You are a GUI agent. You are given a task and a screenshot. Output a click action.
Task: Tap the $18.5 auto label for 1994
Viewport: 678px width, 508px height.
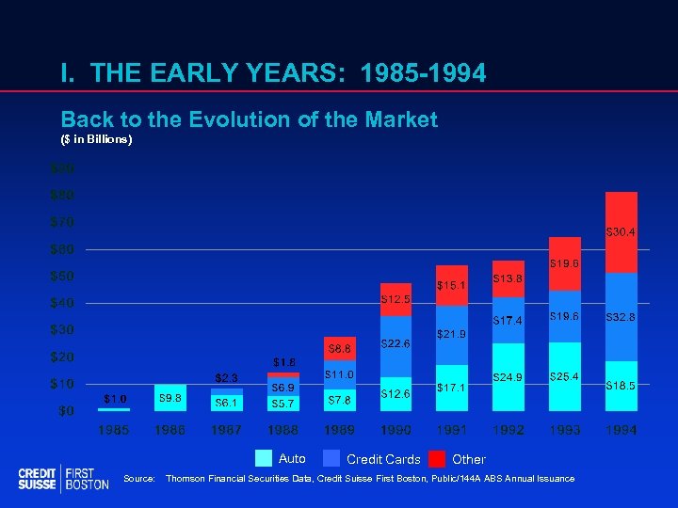(621, 386)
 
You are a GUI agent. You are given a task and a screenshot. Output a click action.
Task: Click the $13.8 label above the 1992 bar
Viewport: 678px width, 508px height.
(508, 278)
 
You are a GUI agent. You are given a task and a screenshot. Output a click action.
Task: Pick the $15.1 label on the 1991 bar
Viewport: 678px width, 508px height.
(452, 285)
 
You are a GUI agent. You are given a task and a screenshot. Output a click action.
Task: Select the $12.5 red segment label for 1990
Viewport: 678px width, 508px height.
(395, 299)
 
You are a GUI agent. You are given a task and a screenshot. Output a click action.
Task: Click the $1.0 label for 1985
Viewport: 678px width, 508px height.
(114, 399)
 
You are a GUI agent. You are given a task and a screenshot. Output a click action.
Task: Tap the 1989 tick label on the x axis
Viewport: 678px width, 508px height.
(339, 430)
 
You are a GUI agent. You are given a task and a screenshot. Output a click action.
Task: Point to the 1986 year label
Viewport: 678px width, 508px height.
(170, 430)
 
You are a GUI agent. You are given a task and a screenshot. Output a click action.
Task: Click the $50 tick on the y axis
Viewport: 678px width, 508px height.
(62, 277)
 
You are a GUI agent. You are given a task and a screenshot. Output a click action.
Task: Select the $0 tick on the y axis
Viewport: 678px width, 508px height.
(66, 411)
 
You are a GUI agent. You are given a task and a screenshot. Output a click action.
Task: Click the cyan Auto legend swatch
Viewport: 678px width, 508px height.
(265, 459)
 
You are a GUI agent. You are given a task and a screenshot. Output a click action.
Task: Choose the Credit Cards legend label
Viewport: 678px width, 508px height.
(383, 459)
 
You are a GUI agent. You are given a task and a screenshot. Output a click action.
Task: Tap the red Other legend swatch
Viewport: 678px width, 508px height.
(437, 459)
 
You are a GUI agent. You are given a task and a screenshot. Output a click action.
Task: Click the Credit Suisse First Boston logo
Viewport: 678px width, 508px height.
(63, 478)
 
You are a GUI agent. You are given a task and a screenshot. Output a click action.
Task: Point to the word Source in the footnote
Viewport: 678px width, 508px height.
(138, 479)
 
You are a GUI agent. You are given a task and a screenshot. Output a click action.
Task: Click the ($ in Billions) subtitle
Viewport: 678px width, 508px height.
(97, 139)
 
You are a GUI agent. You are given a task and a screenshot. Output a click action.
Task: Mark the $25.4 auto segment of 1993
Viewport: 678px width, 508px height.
(565, 376)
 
